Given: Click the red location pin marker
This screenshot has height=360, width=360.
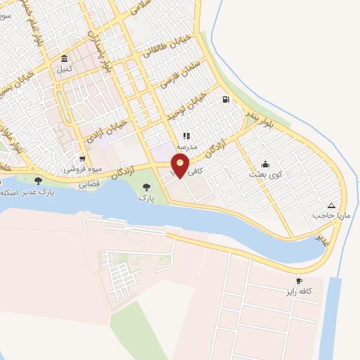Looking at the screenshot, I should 181,166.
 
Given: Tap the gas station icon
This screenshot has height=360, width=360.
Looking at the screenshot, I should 225,99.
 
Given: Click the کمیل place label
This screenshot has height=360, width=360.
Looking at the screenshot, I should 65,70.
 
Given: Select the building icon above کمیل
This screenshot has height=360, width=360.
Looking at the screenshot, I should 65,58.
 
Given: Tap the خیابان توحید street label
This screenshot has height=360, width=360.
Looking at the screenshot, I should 188,103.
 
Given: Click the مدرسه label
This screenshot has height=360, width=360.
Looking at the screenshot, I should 186,147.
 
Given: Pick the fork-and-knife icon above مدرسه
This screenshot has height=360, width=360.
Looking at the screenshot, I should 186,136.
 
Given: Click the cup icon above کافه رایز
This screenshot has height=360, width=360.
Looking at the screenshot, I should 300,281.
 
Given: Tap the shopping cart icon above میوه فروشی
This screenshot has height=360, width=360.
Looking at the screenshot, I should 83,158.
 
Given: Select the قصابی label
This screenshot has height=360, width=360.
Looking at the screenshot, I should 88,184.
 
